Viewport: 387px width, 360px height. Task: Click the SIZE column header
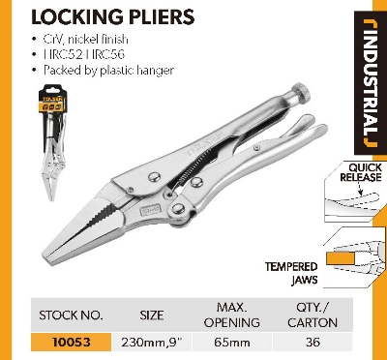pyautogui.click(x=153, y=315)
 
